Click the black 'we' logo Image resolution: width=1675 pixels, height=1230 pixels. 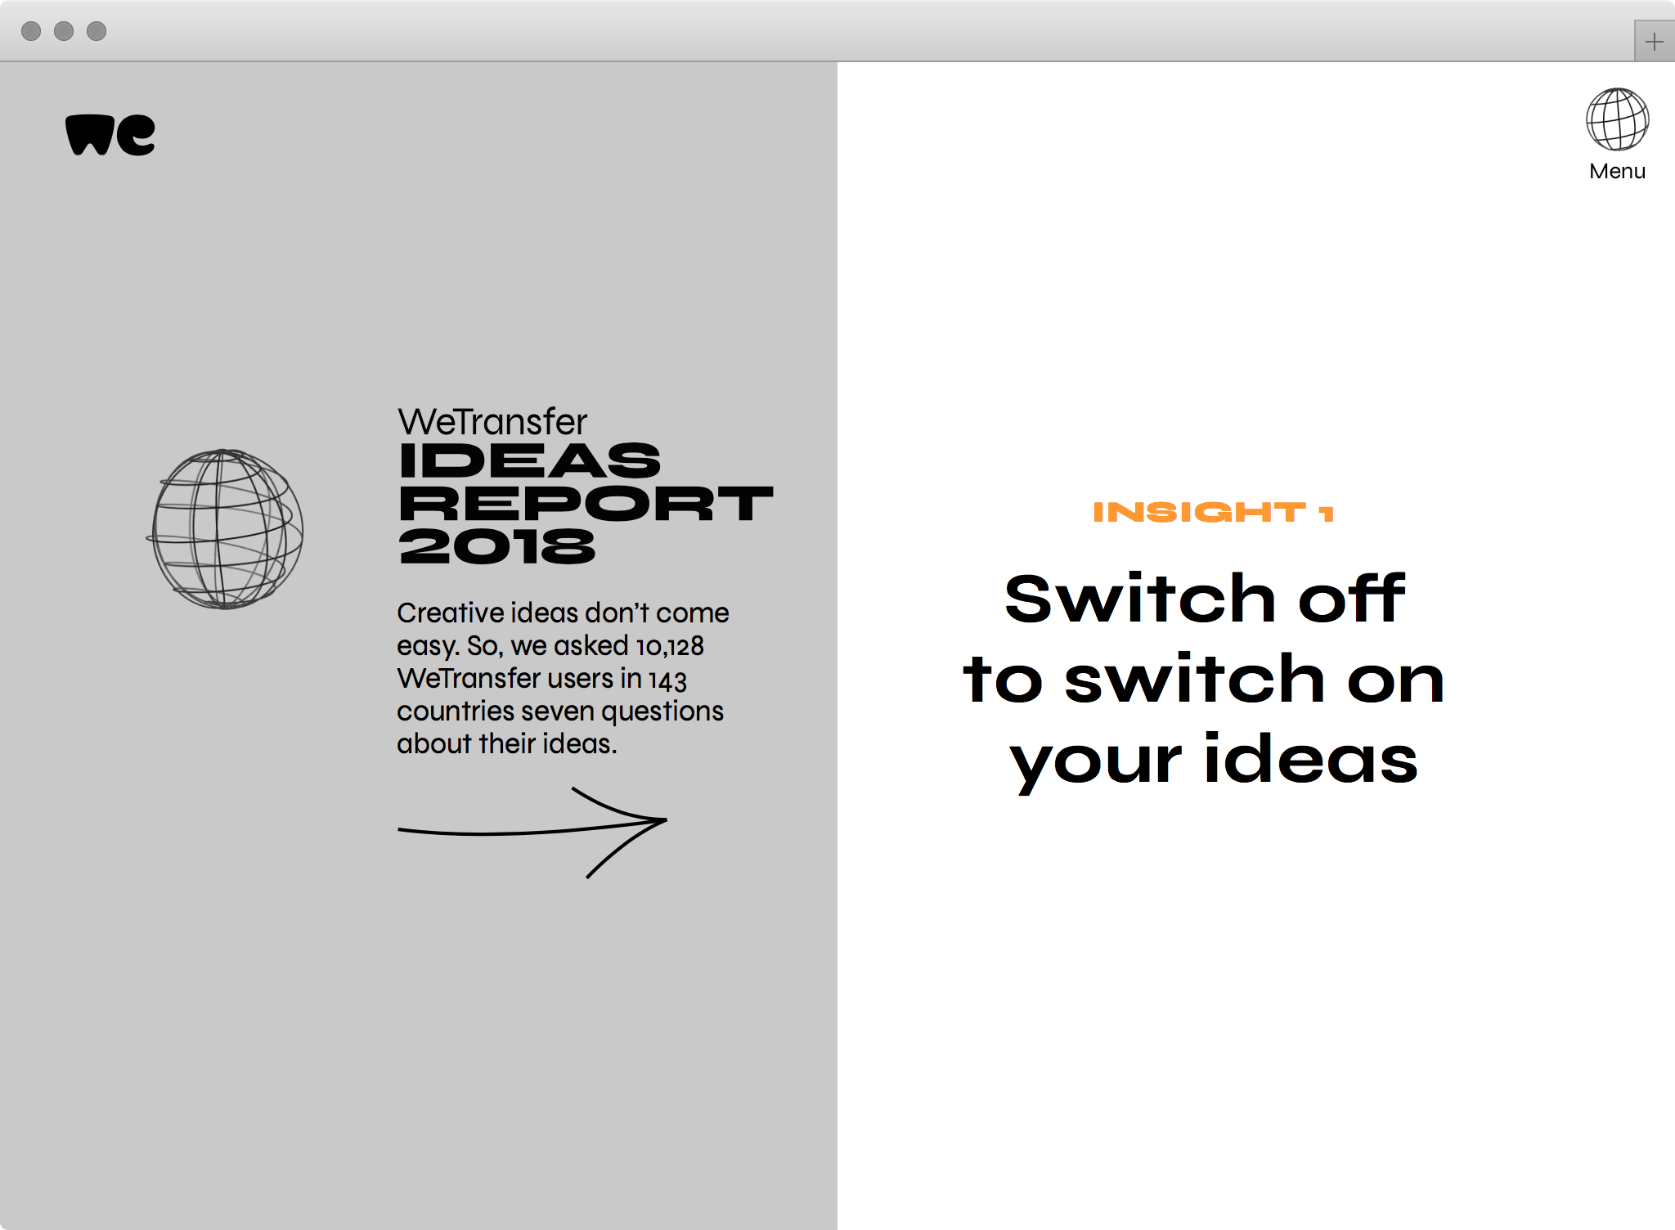pos(110,135)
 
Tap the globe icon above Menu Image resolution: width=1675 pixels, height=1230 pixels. pos(1617,119)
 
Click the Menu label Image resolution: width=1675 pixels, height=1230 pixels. pos(1617,171)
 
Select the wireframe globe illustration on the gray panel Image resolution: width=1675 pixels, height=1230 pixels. pos(225,528)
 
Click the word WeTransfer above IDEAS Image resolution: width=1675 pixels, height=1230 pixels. pos(492,422)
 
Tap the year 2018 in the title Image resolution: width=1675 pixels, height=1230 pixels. pos(497,545)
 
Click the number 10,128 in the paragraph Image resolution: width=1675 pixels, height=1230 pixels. pos(670,647)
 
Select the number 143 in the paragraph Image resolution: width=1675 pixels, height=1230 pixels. pos(667,680)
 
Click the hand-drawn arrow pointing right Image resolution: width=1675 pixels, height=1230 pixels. pos(532,832)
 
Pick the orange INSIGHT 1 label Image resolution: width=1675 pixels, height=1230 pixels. pos(1214,512)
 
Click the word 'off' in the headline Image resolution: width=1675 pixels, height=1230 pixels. pos(1352,598)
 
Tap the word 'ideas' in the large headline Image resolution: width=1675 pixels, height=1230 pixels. pos(1310,758)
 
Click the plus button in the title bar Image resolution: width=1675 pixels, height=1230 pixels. pos(1654,41)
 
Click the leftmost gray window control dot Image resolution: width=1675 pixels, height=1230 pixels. pos(31,31)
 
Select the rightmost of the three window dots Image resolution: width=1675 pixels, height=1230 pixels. pos(97,31)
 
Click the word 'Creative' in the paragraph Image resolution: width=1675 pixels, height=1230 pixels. pos(451,613)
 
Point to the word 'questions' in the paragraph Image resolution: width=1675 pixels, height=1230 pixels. pos(662,712)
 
